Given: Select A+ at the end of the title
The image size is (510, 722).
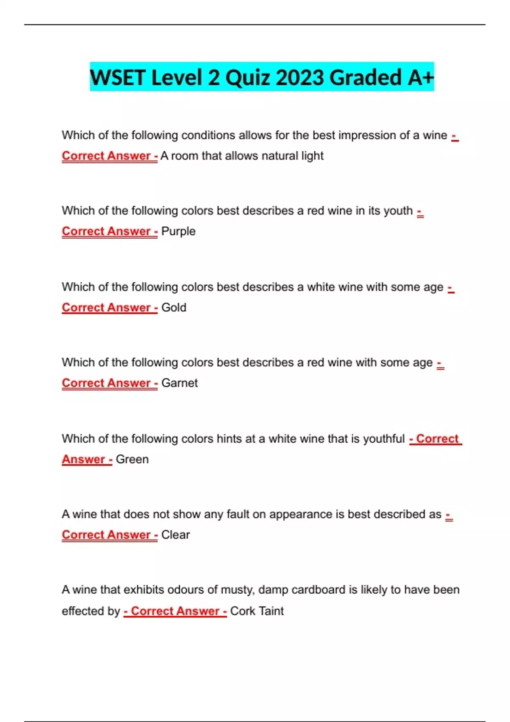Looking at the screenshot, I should [421, 78].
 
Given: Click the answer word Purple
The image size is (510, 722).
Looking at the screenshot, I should [178, 231].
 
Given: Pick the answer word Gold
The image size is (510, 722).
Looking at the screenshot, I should [174, 307].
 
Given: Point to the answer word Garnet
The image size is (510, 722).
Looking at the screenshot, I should [179, 383].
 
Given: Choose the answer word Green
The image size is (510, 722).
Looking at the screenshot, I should [132, 460].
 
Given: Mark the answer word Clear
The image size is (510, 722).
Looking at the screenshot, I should [176, 535].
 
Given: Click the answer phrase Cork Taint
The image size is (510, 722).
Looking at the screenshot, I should [257, 611].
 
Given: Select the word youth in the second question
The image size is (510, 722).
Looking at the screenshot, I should [398, 211].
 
